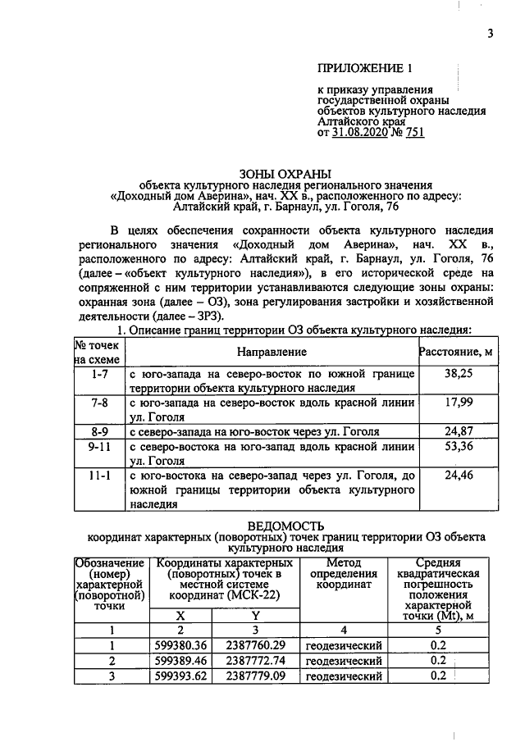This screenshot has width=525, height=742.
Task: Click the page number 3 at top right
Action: click(490, 34)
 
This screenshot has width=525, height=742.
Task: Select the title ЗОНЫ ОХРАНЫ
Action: click(285, 173)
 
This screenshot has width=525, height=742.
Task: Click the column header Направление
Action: click(272, 351)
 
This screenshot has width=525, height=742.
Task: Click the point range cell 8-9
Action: click(98, 431)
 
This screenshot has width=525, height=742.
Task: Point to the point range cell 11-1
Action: click(98, 475)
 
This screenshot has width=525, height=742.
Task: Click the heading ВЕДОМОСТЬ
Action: click(285, 525)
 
